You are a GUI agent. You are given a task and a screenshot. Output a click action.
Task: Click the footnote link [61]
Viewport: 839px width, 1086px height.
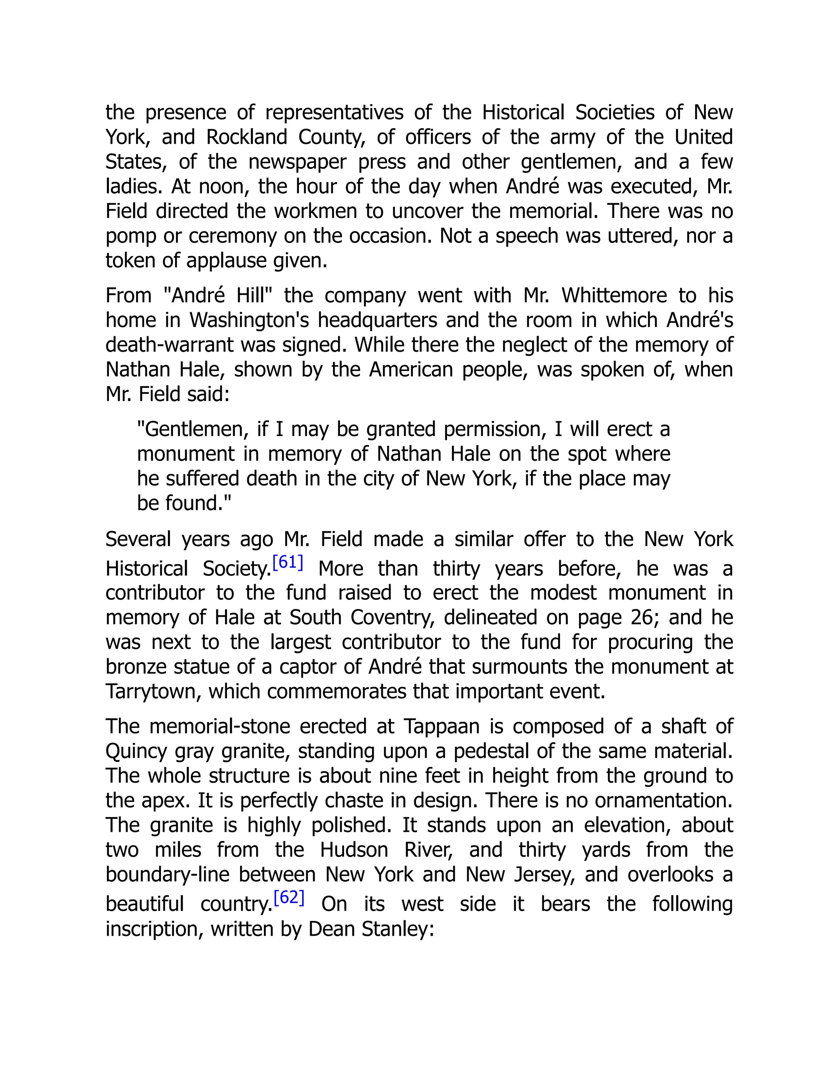coord(288,562)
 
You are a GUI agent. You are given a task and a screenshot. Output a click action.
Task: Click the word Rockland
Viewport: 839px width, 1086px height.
coord(247,137)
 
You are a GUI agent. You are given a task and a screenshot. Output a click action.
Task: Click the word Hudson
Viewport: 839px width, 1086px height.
coord(354,850)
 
